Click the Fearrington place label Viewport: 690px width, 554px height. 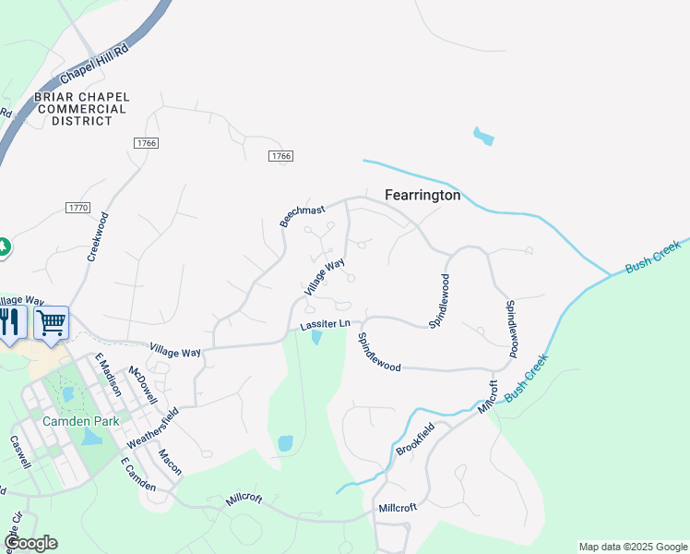coord(422,196)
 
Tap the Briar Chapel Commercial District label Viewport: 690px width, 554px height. coord(81,109)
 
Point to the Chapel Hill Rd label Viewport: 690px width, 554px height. coord(95,65)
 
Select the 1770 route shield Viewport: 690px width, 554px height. coord(78,208)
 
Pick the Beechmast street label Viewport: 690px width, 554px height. coord(303,216)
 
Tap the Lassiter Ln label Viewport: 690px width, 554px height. coord(325,324)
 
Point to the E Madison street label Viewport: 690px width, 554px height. coord(108,375)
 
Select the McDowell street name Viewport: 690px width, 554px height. coord(141,385)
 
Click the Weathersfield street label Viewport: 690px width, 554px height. coord(151,427)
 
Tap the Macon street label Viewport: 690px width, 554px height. coord(170,461)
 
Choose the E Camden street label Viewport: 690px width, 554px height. coord(137,473)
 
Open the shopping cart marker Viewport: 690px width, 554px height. coord(52,322)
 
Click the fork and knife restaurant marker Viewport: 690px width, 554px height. coord(9,322)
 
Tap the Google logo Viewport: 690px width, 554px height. coord(30,543)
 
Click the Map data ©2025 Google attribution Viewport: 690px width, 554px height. coord(633,547)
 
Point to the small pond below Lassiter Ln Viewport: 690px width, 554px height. coord(316,338)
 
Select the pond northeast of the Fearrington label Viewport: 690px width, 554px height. coord(482,138)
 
